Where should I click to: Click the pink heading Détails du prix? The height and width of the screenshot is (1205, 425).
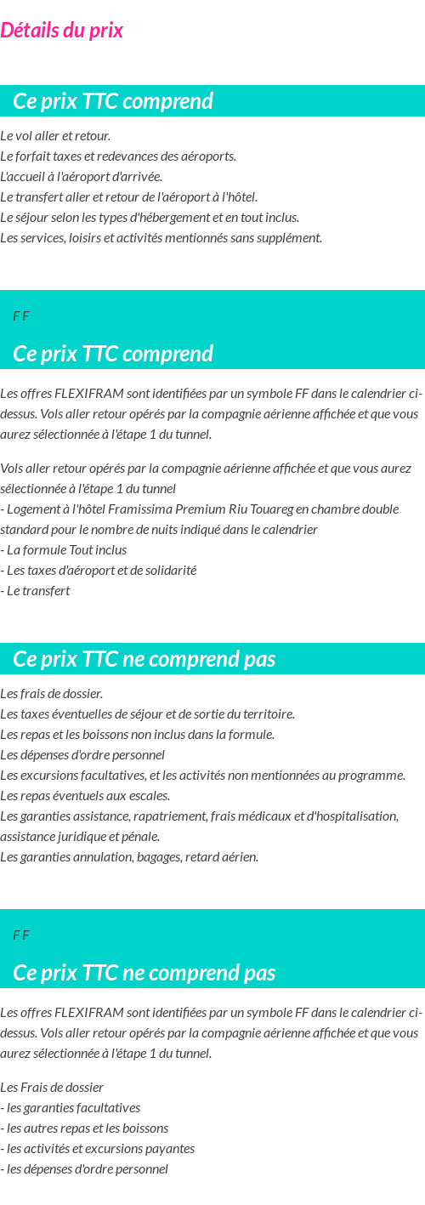tap(62, 31)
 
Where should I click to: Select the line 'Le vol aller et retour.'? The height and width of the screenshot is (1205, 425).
tap(55, 136)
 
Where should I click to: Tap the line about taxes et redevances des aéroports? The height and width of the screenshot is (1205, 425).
tap(118, 156)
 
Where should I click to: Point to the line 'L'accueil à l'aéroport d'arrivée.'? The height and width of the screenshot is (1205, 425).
tap(81, 177)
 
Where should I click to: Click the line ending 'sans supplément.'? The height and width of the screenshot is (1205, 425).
tap(161, 238)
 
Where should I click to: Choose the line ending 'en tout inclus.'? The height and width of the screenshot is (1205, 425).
tap(150, 218)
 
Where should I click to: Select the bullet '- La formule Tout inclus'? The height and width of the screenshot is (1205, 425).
tap(64, 550)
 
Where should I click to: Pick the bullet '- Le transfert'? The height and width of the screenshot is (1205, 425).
tap(36, 591)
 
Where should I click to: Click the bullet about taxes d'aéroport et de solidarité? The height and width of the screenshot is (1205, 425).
tap(99, 571)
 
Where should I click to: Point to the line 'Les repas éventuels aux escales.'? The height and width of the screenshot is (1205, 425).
tap(85, 796)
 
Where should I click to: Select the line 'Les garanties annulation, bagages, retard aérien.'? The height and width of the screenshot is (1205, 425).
tap(129, 857)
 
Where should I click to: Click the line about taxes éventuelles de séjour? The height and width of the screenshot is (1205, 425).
tap(147, 714)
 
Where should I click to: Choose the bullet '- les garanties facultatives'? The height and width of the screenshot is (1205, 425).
tap(71, 1108)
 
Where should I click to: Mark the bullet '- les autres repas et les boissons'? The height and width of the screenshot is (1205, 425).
tap(84, 1128)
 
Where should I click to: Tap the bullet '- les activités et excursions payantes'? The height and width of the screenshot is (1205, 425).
tap(98, 1149)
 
